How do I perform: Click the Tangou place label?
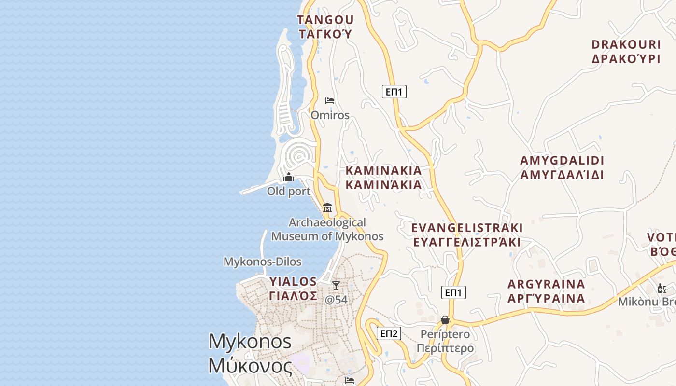tap(325, 27)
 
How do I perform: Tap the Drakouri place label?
tap(626, 52)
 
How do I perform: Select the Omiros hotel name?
tap(330, 115)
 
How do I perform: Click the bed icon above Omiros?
tap(330, 101)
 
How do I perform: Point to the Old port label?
tap(289, 192)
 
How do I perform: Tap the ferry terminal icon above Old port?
tap(289, 178)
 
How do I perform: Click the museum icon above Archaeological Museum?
tap(327, 208)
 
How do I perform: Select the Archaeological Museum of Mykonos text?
tap(327, 229)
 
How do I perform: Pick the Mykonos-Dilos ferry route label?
tap(262, 262)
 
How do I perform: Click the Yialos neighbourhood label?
tap(293, 289)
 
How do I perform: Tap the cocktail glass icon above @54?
tap(336, 286)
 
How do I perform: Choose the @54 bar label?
tap(336, 300)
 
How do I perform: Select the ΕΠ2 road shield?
tap(389, 333)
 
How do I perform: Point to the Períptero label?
tap(445, 341)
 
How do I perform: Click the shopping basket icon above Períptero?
tap(445, 320)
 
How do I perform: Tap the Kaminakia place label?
tap(383, 178)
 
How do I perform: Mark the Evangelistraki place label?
tap(467, 234)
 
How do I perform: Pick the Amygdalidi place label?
tap(562, 167)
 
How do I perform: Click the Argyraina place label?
tap(546, 291)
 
